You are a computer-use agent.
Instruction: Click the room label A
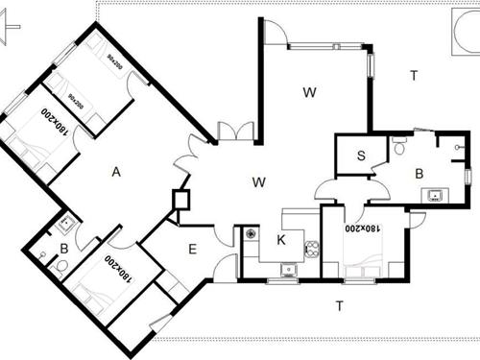coord(115,172)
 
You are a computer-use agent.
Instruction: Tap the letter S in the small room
coord(361,156)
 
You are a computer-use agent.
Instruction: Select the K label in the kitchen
coord(281,239)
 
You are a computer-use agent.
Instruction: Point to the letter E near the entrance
coord(192,250)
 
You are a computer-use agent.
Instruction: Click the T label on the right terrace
coord(414,75)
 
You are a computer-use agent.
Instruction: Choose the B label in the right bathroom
coord(420,175)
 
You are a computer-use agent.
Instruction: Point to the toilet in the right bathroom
coord(398,147)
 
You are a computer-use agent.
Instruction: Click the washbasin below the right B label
coord(436,195)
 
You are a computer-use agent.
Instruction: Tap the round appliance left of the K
coord(251,232)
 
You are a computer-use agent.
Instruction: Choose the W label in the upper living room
coord(309,93)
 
